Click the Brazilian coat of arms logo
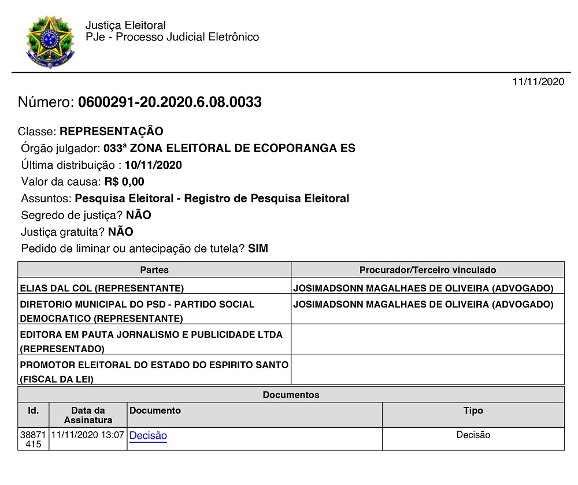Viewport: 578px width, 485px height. click(x=50, y=41)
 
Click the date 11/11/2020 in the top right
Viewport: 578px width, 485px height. click(x=538, y=82)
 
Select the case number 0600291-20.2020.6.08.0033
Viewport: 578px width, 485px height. click(x=169, y=103)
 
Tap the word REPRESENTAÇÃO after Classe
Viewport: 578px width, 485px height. click(x=111, y=131)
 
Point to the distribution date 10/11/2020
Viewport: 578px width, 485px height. click(x=153, y=165)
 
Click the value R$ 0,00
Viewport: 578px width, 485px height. click(x=124, y=182)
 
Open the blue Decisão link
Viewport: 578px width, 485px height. click(x=148, y=436)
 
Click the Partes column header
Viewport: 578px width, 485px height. click(x=154, y=270)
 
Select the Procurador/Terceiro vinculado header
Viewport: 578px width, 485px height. click(x=428, y=270)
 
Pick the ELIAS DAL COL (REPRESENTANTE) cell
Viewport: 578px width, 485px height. click(x=102, y=288)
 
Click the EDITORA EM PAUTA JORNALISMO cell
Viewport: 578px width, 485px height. click(x=151, y=341)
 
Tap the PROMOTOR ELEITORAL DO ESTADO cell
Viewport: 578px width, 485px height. click(x=154, y=372)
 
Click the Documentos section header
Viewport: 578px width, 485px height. click(x=291, y=395)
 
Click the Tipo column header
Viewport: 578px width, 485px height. click(x=473, y=410)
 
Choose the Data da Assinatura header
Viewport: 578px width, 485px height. click(x=88, y=415)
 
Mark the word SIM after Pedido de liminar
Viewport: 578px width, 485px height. click(x=258, y=249)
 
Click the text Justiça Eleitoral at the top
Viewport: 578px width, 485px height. click(x=125, y=25)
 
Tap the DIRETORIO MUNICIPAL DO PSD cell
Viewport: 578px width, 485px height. click(x=137, y=311)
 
